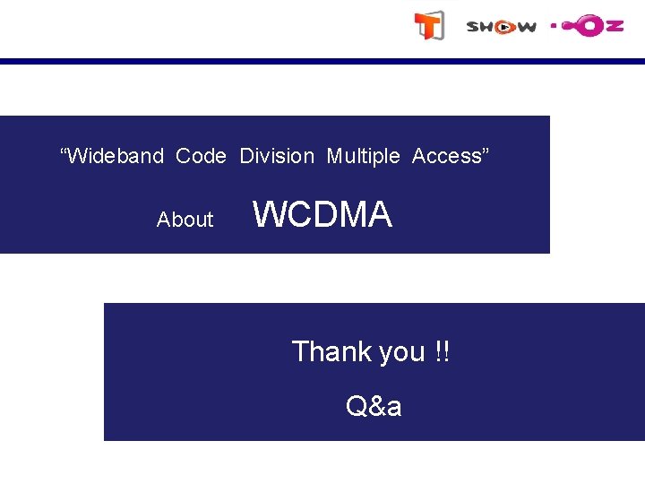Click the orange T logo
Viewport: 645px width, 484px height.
[x=428, y=26]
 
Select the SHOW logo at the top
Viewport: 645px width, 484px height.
[x=501, y=27]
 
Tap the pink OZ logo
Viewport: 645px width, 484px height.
[x=587, y=26]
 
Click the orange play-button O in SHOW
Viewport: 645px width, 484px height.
[x=504, y=27]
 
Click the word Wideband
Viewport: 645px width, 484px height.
[x=115, y=156]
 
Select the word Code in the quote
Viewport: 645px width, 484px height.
[x=201, y=156]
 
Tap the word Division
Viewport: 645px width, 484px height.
[x=277, y=156]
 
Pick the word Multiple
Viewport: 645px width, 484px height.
[x=363, y=156]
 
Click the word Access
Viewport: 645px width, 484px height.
[x=447, y=156]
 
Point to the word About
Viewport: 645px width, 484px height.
[x=185, y=220]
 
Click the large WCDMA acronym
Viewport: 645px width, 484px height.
[x=322, y=215]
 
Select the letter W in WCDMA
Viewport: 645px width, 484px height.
[x=268, y=215]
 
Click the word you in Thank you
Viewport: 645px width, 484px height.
[x=401, y=353]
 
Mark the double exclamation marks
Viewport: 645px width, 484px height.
[x=442, y=351]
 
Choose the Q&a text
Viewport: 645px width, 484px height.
[x=374, y=407]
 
